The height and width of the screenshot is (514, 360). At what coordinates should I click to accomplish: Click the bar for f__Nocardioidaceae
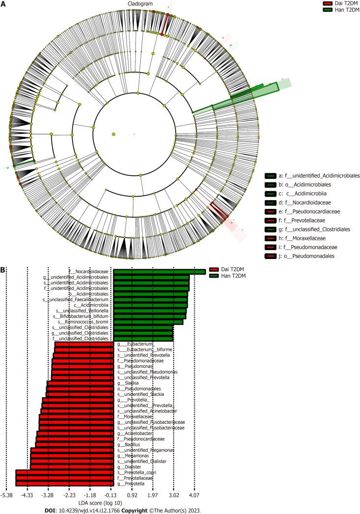click(159, 271)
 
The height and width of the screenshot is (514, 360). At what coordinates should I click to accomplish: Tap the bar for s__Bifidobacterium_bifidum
click(149, 316)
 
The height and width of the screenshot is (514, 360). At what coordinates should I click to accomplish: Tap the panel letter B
click(4, 269)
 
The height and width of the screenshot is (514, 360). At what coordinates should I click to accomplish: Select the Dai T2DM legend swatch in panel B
click(216, 270)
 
